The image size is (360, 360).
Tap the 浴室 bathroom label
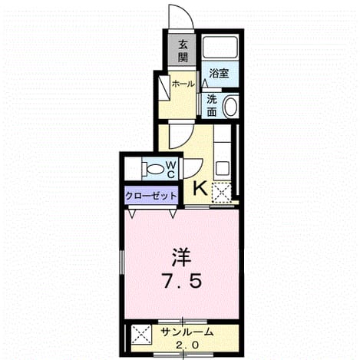tap(219, 74)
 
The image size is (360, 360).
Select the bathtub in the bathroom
tap(220, 48)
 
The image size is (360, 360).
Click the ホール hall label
tap(183, 84)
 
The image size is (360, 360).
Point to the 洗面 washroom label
tap(212, 105)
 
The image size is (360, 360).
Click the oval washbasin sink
tap(230, 106)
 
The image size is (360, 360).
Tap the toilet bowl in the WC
tap(154, 169)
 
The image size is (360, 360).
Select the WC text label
tap(171, 169)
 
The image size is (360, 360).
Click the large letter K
tap(200, 189)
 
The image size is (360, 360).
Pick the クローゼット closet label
tap(151, 197)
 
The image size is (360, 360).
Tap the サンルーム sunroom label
tap(187, 332)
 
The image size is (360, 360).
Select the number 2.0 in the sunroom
tap(187, 345)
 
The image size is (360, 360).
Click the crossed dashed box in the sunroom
tap(140, 335)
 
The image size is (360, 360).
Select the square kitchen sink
tap(223, 168)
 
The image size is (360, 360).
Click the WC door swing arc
tap(197, 171)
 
